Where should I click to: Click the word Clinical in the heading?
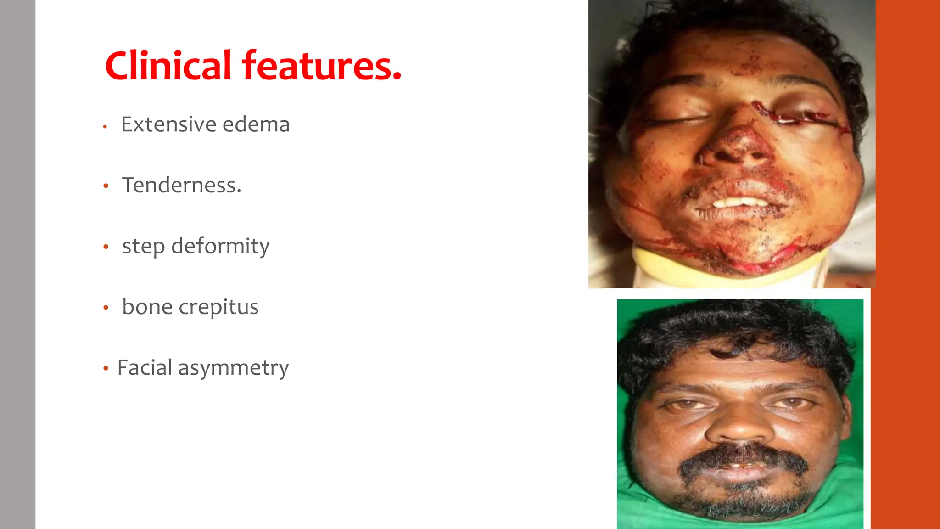point(168,66)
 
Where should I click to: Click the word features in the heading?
point(321,66)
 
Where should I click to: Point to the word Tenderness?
point(181,185)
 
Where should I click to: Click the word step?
point(143,247)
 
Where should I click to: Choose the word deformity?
point(220,247)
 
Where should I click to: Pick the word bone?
point(147,307)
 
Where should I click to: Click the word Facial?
point(145,367)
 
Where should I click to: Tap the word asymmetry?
point(234,368)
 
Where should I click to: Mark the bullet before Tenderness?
point(106,186)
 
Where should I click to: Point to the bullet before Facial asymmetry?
point(106,368)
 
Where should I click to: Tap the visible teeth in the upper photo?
point(740,203)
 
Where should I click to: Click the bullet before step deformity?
point(106,247)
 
